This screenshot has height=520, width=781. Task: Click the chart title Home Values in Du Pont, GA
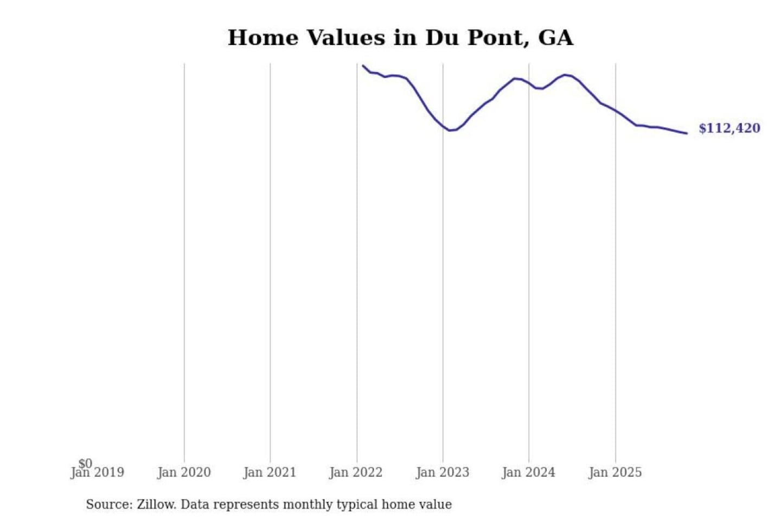point(400,38)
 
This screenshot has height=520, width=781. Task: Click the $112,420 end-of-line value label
point(729,128)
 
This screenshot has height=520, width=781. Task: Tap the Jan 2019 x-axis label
point(98,473)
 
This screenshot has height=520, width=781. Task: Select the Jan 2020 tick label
point(184,473)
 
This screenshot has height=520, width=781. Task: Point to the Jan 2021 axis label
point(270,473)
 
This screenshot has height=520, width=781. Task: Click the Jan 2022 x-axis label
point(356,473)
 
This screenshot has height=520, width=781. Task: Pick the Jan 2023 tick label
point(442,473)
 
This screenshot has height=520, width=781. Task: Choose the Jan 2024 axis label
point(528,473)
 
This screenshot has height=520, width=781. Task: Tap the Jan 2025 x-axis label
point(614,473)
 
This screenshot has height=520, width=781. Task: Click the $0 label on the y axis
point(85,463)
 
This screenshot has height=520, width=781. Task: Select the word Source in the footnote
point(108,505)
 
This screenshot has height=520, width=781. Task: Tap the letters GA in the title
point(555,38)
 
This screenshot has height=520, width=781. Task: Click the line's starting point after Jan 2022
point(363,66)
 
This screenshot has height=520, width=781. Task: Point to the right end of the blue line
point(687,133)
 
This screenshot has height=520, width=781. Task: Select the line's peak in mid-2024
point(566,75)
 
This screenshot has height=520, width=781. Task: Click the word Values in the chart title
point(345,38)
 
